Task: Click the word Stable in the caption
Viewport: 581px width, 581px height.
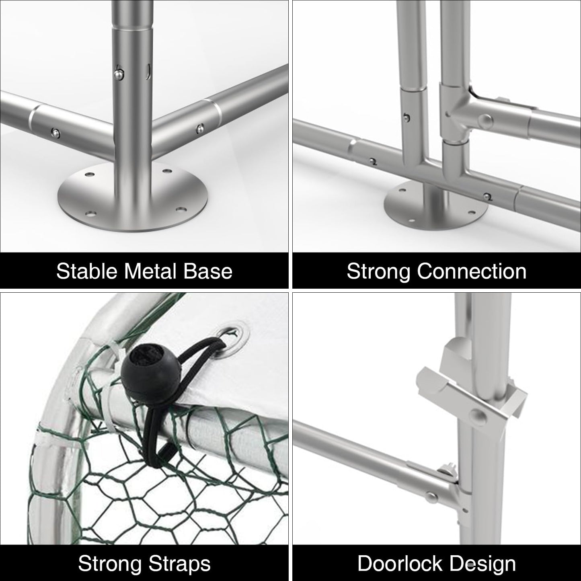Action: (86, 271)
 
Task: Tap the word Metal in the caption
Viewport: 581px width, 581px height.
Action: (150, 271)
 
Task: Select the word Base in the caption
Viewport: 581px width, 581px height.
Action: (207, 271)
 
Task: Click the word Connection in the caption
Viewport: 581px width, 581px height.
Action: (472, 271)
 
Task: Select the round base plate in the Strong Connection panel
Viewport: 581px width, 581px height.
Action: (435, 205)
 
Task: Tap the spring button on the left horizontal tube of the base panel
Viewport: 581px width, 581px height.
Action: (56, 132)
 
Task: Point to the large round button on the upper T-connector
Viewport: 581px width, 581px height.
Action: (485, 121)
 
